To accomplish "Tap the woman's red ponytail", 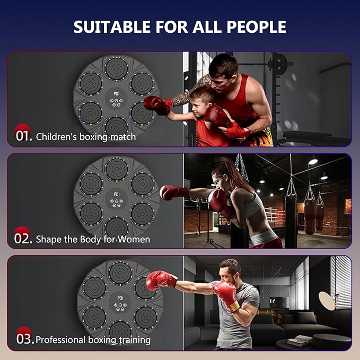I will point(234,173).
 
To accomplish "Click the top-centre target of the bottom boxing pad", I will point(119,271).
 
